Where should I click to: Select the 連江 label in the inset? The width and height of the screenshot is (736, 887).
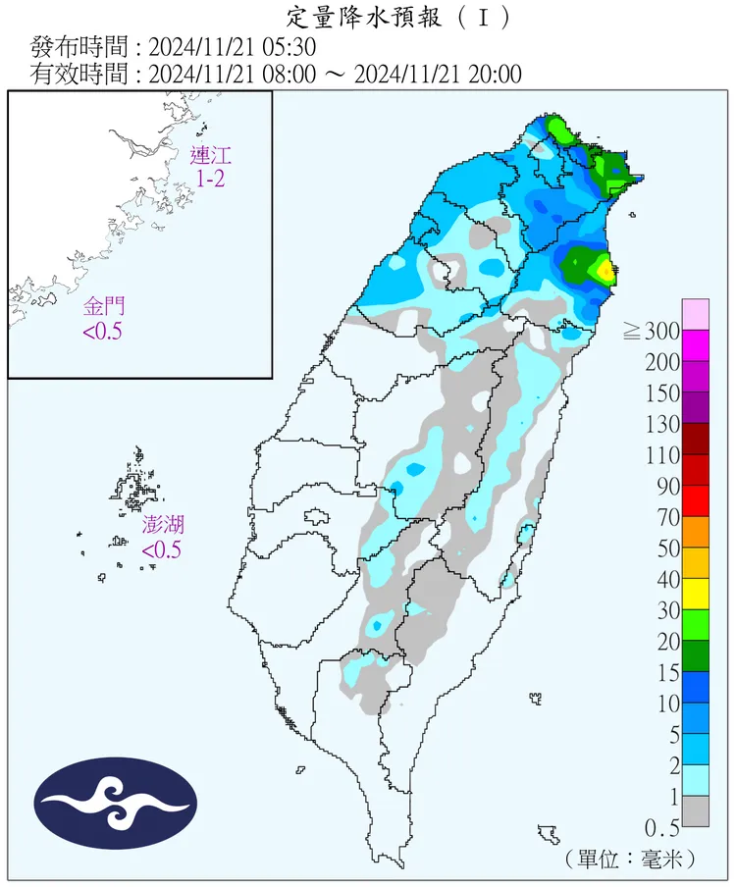coord(212,155)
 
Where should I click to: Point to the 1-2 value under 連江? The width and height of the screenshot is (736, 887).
coord(212,179)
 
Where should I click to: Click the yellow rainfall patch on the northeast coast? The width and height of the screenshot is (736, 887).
coord(605,269)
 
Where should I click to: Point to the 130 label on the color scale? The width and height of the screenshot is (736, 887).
coord(660,424)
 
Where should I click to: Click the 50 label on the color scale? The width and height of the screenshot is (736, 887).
coord(667,548)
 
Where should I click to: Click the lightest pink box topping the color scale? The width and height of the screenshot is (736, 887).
coord(696,314)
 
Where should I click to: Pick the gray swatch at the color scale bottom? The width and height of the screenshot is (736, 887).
coord(696,810)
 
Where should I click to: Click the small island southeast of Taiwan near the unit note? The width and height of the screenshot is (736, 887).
coord(548,835)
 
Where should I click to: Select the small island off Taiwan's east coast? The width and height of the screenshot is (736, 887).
coord(536,699)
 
